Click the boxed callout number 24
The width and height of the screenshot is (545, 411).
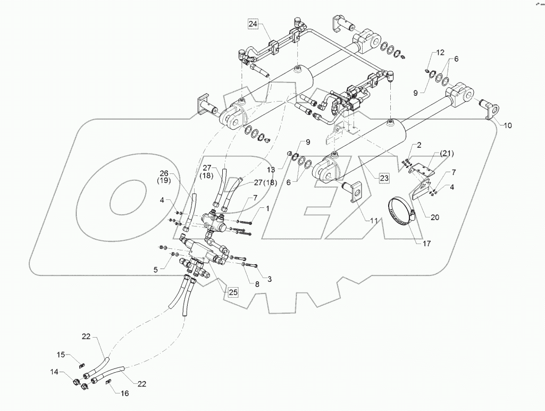253,23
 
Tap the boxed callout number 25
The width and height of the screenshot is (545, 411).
232,291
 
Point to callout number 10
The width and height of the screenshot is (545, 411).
508,126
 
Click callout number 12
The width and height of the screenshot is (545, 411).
440,53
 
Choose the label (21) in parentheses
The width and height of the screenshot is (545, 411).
447,154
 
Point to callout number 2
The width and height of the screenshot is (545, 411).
419,145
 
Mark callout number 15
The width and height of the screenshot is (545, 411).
61,355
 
